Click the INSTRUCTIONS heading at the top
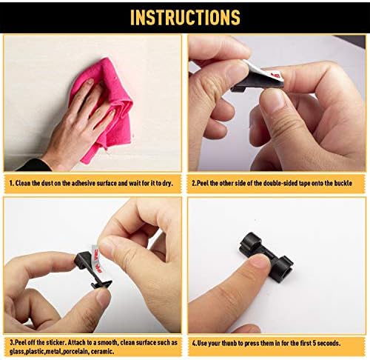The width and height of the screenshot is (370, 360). pyautogui.click(x=185, y=17)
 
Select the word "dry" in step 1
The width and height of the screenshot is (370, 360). pyautogui.click(x=167, y=184)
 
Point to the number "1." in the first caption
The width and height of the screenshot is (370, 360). pyautogui.click(x=11, y=184)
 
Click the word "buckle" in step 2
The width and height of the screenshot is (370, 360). pyautogui.click(x=343, y=183)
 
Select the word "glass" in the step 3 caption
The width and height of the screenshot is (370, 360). pyautogui.click(x=16, y=352)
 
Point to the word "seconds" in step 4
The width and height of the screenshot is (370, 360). pyautogui.click(x=329, y=343)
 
